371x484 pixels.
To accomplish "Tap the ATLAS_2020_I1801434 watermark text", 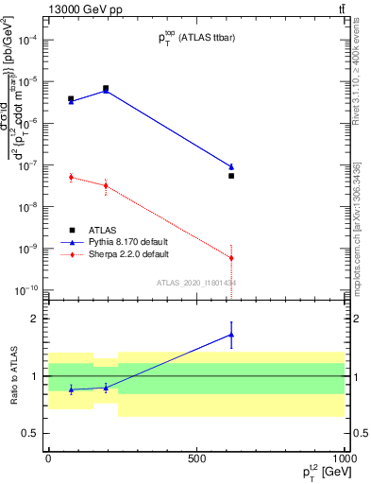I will pos(196,283).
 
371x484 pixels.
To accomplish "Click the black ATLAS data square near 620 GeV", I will pos(231,176).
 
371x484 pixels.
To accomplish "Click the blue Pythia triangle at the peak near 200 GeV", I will pos(106,91).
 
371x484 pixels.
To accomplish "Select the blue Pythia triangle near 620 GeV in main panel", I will pos(231,166).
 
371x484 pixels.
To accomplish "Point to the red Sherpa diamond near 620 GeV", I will pos(231,258).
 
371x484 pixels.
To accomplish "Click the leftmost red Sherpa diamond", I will pos(71,177).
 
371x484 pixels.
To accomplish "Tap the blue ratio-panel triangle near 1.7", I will pos(231,335).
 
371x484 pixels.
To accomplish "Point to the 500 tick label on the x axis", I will pos(195,458).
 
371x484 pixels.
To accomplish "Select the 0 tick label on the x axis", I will pos(48,458).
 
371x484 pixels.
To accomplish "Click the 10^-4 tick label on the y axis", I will pos(29,40).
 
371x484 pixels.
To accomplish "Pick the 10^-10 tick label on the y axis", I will pos(28,290).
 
